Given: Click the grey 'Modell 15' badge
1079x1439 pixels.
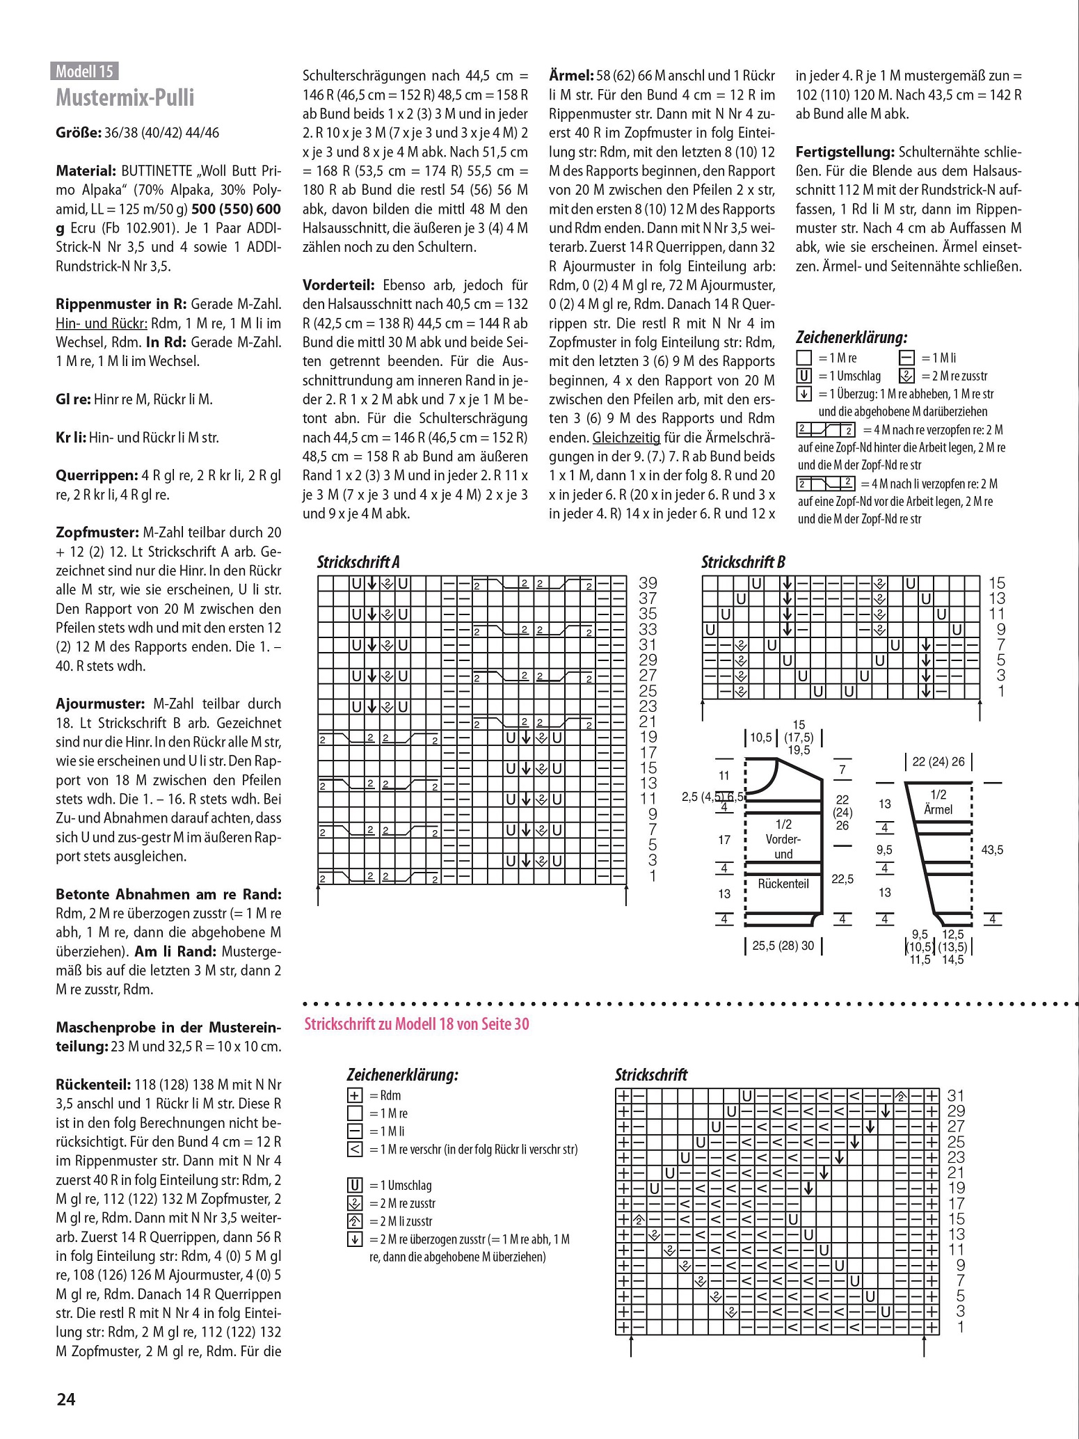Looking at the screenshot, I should tap(84, 71).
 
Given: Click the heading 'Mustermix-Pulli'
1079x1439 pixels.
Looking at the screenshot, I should tap(125, 97).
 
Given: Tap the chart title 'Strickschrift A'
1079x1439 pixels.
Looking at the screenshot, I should tap(358, 562).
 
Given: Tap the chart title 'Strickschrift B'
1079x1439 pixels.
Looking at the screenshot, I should tap(743, 562).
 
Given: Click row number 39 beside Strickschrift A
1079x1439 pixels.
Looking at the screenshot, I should tap(648, 583).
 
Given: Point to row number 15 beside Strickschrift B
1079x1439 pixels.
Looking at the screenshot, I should tap(997, 583).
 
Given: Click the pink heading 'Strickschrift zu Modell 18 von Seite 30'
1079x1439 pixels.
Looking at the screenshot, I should tap(417, 1024).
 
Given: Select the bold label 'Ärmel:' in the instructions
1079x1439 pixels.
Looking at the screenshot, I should tap(571, 76).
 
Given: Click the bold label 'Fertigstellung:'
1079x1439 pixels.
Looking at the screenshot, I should tap(845, 152).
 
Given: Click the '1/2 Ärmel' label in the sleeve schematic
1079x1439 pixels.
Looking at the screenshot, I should tap(938, 802).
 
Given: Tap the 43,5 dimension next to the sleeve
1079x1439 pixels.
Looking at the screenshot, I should tap(992, 850).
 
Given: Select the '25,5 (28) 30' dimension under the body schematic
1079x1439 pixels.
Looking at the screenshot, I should tap(783, 946).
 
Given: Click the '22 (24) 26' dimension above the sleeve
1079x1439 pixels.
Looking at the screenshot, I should tap(938, 761).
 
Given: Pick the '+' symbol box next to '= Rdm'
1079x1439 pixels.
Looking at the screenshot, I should tap(355, 1095).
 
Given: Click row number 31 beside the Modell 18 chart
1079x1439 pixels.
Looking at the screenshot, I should tap(956, 1096).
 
